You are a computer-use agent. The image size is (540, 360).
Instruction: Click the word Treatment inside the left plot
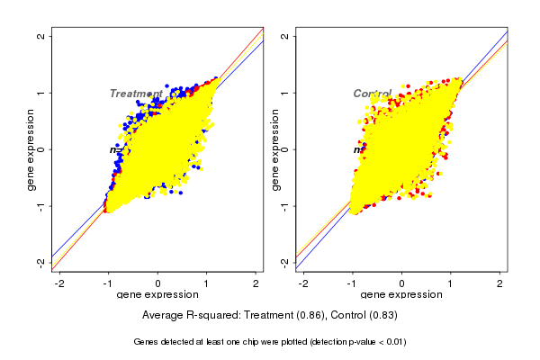(x=136, y=94)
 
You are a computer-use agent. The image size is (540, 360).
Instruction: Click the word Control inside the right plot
(x=372, y=94)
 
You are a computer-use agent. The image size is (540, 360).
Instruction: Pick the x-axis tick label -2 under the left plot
(x=59, y=283)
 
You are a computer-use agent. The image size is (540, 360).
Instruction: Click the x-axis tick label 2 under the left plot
(x=256, y=283)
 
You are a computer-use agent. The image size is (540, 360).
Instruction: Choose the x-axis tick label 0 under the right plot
(x=402, y=283)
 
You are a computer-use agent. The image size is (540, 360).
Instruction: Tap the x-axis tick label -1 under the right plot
(x=352, y=283)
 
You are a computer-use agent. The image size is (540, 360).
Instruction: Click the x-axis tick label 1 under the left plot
(x=207, y=283)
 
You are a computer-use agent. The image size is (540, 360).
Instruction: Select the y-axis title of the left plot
(x=31, y=149)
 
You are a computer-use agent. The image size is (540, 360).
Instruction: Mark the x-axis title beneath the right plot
(x=402, y=295)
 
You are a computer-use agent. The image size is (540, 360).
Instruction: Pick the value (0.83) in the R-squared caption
(x=381, y=316)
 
